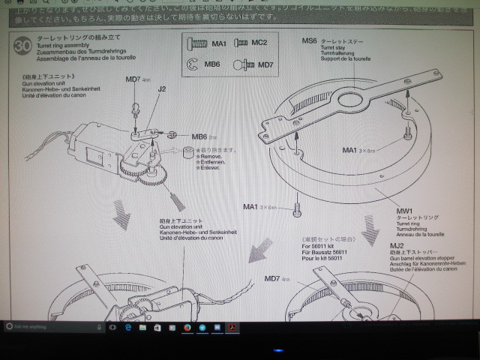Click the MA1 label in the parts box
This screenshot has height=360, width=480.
coord(218,44)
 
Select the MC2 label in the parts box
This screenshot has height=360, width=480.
coord(259,43)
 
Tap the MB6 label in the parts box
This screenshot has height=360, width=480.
coord(213,65)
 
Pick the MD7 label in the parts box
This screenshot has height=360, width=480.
coord(265,65)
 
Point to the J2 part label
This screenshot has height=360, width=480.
coord(162,88)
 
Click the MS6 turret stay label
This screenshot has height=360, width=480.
coord(310,40)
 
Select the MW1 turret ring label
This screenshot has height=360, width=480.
coord(405,212)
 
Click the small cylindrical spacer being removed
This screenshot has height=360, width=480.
coord(184,154)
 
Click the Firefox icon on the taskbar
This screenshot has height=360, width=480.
coord(187,328)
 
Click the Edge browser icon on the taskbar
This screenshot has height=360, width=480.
coord(127,328)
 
